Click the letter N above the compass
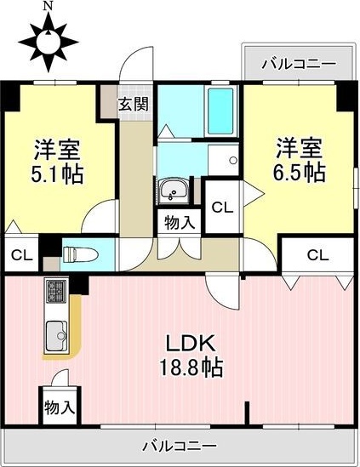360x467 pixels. click(x=47, y=6)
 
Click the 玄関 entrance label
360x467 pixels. click(x=133, y=105)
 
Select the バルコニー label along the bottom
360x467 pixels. click(x=179, y=445)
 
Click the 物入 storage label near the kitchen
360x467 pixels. click(x=60, y=407)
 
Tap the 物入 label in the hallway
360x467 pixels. click(x=179, y=222)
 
